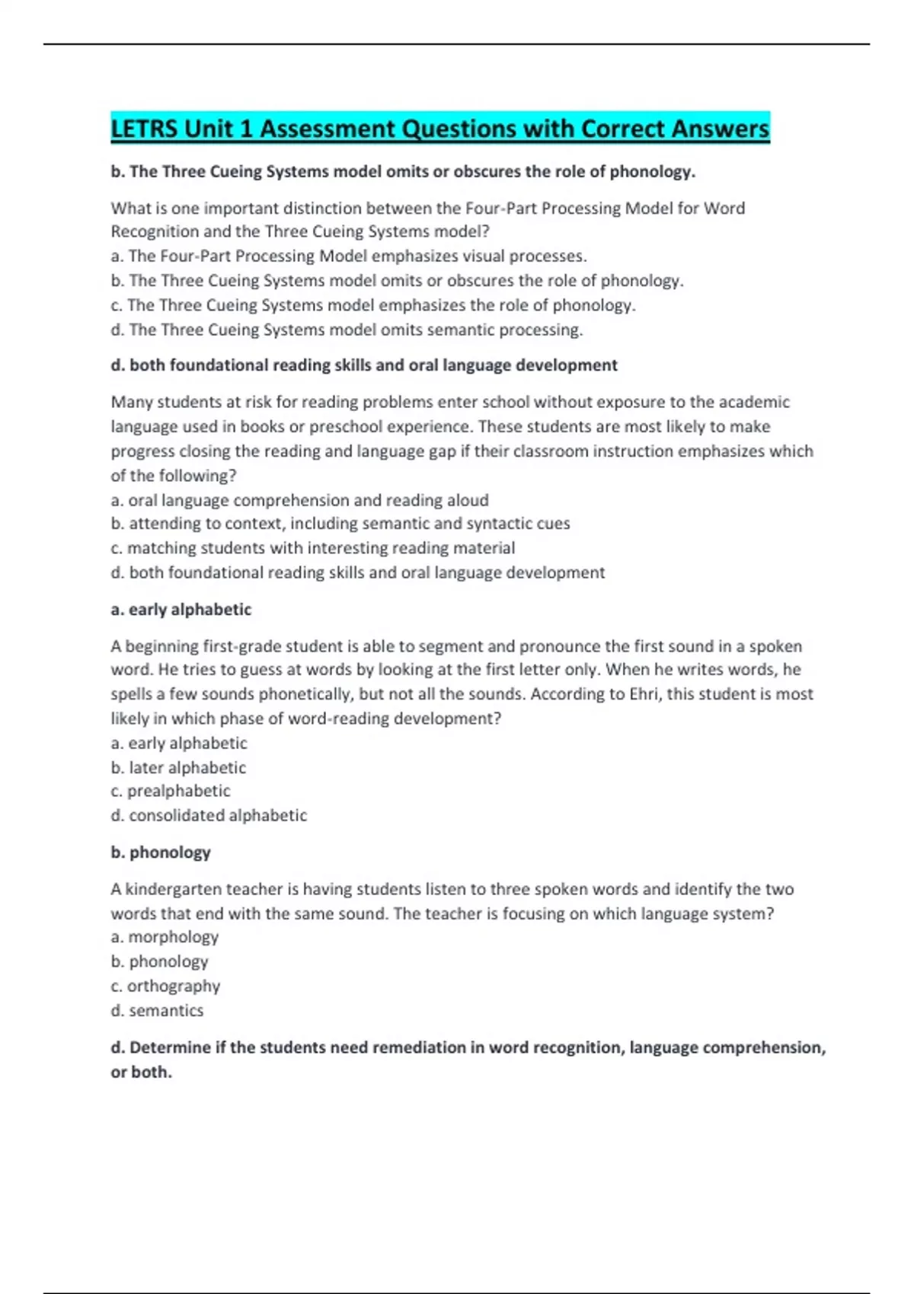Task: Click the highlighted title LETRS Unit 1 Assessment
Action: [x=439, y=129]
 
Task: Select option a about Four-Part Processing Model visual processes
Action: [x=348, y=257]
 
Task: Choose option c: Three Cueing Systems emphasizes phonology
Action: [x=372, y=305]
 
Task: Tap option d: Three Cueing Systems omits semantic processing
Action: [x=347, y=330]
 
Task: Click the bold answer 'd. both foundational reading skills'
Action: [x=363, y=365]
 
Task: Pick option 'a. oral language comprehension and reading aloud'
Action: [x=299, y=500]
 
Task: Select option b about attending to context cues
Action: [x=340, y=524]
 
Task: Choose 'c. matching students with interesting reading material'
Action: [x=312, y=548]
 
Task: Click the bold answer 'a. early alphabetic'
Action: [x=181, y=610]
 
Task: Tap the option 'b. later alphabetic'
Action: [x=178, y=767]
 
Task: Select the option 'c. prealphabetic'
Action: [x=171, y=791]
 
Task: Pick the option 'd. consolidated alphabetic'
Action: [x=209, y=815]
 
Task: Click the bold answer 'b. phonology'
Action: [x=160, y=853]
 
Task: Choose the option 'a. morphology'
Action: [x=165, y=937]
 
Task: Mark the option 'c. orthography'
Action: [x=165, y=986]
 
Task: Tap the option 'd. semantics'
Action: [x=157, y=1011]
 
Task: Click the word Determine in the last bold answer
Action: [x=170, y=1047]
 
